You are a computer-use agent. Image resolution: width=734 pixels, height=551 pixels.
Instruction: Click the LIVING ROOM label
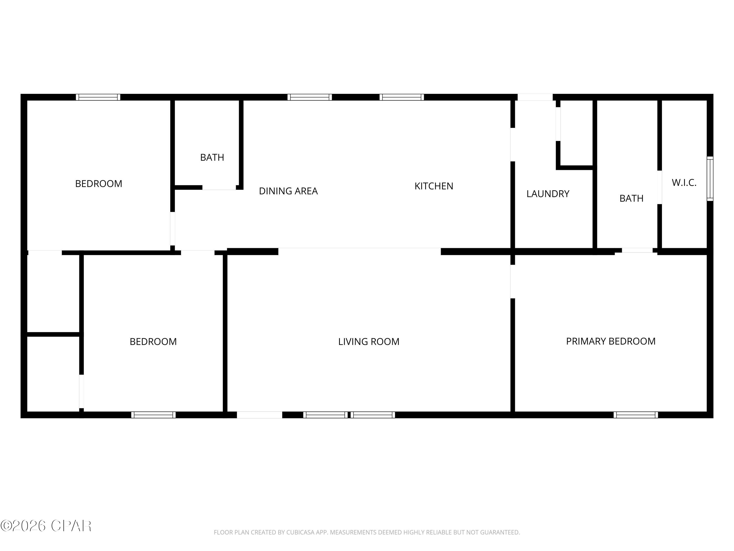pyautogui.click(x=369, y=341)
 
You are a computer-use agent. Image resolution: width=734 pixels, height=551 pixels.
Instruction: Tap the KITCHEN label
pyautogui.click(x=434, y=186)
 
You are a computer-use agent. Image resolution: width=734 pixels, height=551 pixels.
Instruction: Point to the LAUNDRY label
pyautogui.click(x=548, y=194)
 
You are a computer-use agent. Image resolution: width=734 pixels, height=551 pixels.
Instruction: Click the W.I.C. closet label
pyautogui.click(x=684, y=183)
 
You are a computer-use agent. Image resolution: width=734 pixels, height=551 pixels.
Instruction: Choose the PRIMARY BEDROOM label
pyautogui.click(x=610, y=341)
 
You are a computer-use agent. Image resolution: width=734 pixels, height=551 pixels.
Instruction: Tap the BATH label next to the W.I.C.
pyautogui.click(x=631, y=198)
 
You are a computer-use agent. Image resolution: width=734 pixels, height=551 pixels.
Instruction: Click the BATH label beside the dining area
pyautogui.click(x=212, y=157)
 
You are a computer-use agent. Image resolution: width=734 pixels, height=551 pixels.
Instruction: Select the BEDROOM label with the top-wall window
pyautogui.click(x=99, y=184)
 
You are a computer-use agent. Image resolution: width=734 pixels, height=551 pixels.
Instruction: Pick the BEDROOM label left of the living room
pyautogui.click(x=153, y=341)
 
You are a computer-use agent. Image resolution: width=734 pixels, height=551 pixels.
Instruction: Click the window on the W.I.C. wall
pyautogui.click(x=710, y=179)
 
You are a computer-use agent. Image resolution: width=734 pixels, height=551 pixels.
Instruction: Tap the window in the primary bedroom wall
pyautogui.click(x=635, y=415)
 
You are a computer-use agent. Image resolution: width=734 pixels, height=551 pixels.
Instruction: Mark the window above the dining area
pyautogui.click(x=310, y=97)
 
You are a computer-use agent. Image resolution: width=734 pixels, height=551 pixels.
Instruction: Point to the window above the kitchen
pyautogui.click(x=401, y=97)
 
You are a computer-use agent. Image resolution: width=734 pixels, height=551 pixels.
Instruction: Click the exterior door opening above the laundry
pyautogui.click(x=535, y=97)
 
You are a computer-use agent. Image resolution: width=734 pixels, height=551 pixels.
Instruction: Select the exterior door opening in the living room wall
pyautogui.click(x=259, y=415)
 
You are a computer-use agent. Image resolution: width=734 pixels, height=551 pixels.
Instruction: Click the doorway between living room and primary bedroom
pyautogui.click(x=512, y=281)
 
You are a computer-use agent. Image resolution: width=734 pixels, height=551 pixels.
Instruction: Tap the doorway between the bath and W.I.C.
pyautogui.click(x=659, y=187)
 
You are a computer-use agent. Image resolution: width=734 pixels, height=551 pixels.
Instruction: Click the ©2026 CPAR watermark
pyautogui.click(x=46, y=526)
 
